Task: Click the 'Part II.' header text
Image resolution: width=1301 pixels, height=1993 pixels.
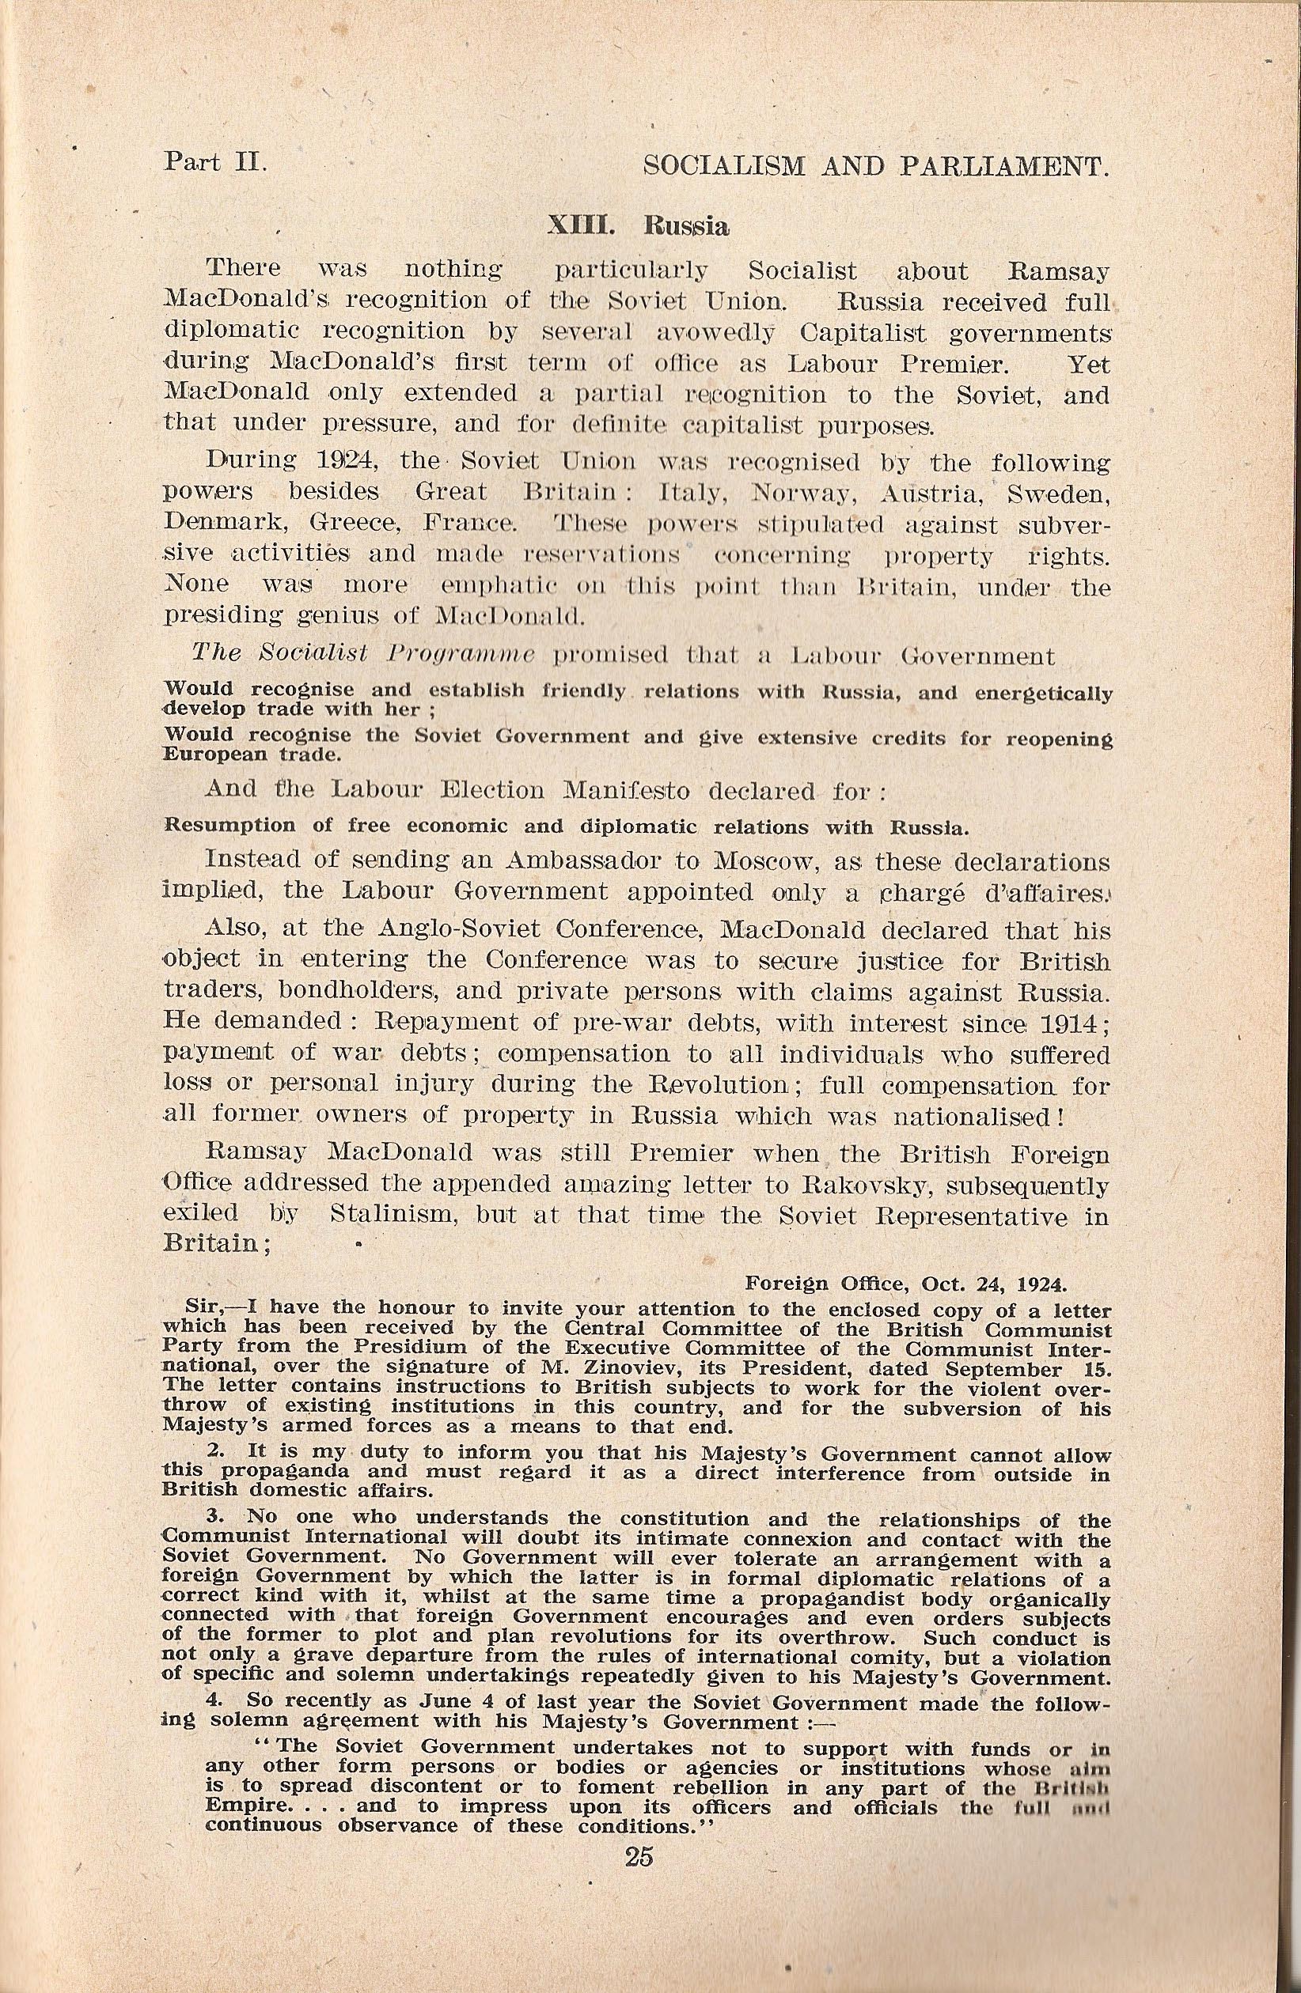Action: [x=215, y=161]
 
